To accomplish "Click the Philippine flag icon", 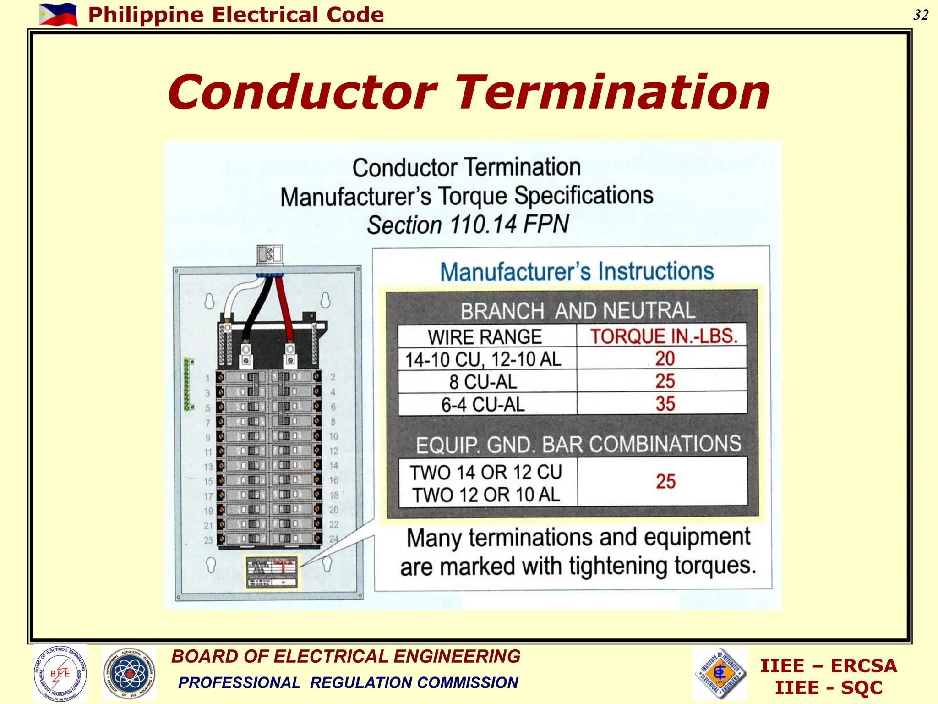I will [58, 14].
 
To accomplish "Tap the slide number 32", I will [921, 15].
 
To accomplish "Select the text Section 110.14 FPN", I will [468, 225].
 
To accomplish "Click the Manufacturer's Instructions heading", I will [577, 271].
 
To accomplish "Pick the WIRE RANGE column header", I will [485, 337].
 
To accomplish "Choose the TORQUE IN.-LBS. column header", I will [663, 336].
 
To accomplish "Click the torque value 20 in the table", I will [665, 358].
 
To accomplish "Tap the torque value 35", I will [665, 404].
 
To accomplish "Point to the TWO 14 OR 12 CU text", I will [485, 473].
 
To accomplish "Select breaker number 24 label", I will [334, 539].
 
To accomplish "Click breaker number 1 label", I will [207, 379].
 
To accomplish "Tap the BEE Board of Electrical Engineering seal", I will [60, 673].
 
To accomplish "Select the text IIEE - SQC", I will [828, 688].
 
